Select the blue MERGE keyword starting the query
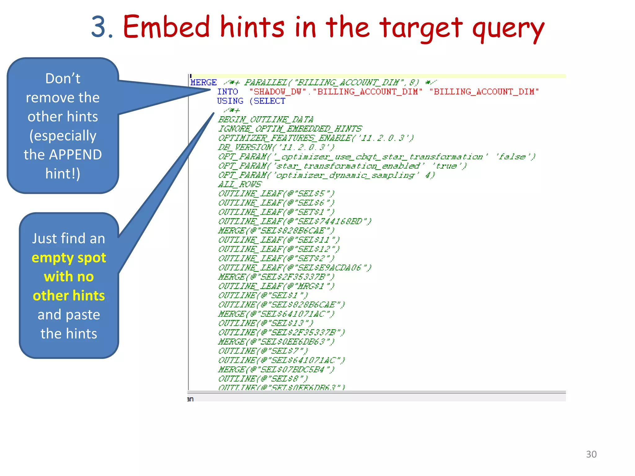coord(203,82)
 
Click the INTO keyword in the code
coord(227,92)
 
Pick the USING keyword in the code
coord(230,101)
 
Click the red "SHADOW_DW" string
coord(278,92)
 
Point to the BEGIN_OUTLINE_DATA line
coord(266,119)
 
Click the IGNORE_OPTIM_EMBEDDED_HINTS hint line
coord(290,129)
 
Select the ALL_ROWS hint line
coord(240,184)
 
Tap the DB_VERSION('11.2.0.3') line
coord(276,147)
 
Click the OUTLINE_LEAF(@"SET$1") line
coord(276,212)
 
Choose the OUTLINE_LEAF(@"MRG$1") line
coord(276,286)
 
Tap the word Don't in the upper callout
coord(63,78)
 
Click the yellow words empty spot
coord(69,258)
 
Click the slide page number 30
coord(591,454)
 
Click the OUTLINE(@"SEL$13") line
coord(266,323)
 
